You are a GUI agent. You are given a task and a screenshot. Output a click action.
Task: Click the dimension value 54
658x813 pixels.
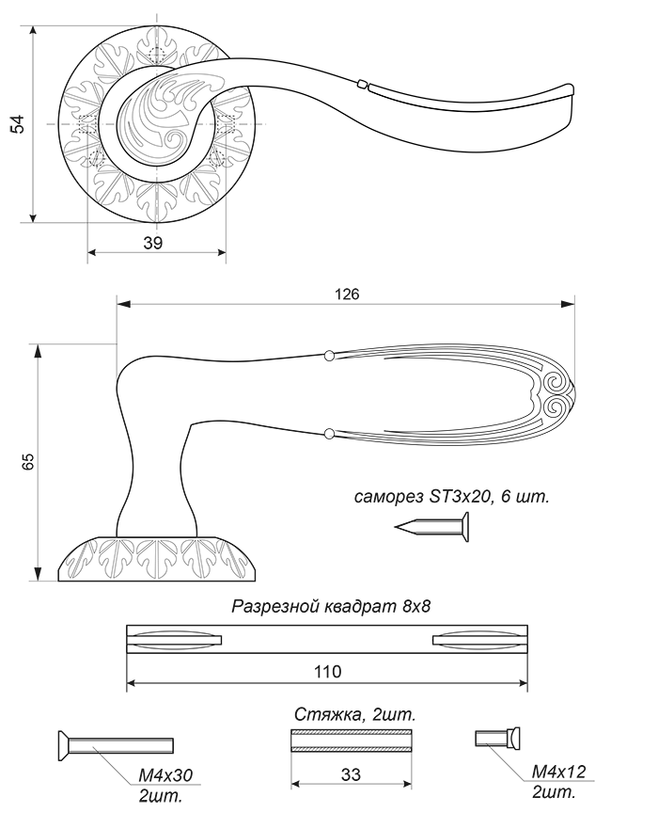(x=19, y=124)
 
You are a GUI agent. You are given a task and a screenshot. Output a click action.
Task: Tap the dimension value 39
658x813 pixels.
(x=153, y=242)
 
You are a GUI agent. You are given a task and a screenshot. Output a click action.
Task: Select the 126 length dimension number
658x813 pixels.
(x=347, y=294)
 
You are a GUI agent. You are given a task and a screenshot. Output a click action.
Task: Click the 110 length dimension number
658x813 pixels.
(x=327, y=672)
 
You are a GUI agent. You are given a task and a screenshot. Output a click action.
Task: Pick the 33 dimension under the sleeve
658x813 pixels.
(x=351, y=774)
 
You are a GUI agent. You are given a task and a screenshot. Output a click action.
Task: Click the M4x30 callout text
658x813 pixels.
(x=165, y=775)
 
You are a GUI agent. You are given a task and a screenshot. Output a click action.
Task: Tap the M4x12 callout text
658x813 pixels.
(x=558, y=772)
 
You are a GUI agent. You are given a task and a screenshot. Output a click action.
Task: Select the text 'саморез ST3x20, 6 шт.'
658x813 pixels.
(x=451, y=496)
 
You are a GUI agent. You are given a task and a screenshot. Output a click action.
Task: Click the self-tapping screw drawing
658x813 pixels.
(x=432, y=527)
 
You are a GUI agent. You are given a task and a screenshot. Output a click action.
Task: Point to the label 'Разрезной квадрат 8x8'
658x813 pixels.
(x=331, y=606)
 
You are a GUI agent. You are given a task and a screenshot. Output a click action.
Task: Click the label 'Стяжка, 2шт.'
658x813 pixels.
(x=355, y=715)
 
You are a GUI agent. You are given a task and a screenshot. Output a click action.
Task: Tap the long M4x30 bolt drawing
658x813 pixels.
(x=114, y=745)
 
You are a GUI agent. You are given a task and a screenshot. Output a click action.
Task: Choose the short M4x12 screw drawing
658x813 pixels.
(x=497, y=738)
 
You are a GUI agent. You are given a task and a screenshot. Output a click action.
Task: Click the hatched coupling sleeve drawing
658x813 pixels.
(x=352, y=741)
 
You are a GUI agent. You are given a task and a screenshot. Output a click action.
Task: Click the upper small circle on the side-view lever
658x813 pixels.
(x=328, y=356)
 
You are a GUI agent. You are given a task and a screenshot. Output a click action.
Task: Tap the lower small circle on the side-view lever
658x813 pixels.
(x=328, y=433)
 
